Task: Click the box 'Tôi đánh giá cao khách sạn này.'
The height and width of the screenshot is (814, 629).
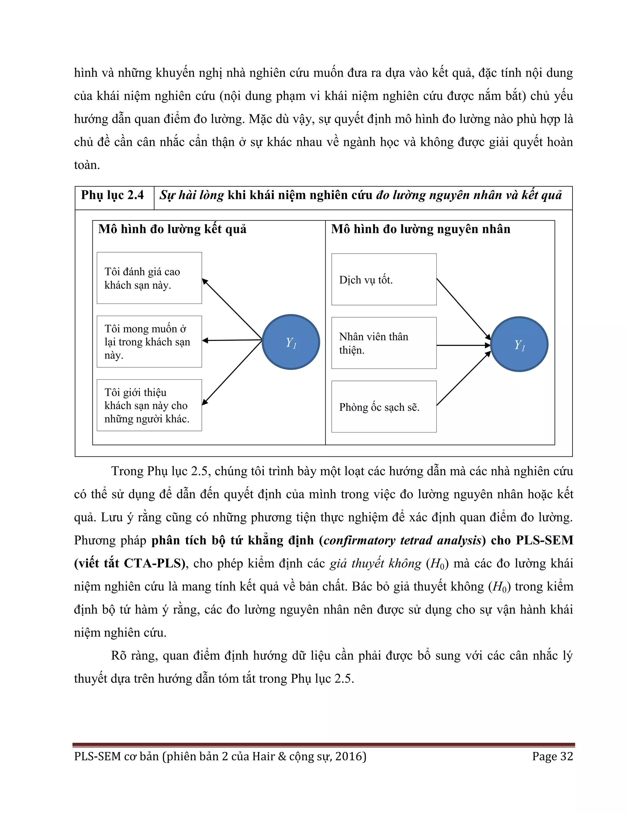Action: tap(149, 278)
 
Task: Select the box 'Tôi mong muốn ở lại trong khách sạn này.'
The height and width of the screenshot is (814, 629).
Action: tap(149, 341)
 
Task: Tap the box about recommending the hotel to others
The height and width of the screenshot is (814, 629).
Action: tap(149, 405)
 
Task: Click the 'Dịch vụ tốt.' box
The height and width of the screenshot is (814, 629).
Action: tap(384, 280)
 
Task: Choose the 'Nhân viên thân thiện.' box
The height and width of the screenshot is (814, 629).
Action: tap(384, 343)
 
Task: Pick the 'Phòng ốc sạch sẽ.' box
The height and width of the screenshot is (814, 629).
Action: tap(384, 407)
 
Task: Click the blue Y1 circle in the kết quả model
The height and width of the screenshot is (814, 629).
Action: tap(291, 342)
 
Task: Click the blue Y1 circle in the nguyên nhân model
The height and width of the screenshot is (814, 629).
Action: tap(519, 344)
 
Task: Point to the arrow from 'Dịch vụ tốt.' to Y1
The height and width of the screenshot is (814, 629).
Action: tap(463, 309)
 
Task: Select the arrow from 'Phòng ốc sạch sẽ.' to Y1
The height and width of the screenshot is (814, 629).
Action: tap(463, 379)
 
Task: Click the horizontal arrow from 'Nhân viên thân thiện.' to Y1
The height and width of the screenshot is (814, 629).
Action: tap(463, 346)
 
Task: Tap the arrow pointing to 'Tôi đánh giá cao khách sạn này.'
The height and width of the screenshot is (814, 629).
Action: tap(232, 309)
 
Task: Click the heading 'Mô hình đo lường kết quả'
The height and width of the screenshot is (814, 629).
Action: tap(172, 229)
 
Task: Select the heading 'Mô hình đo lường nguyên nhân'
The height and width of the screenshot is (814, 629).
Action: tap(420, 229)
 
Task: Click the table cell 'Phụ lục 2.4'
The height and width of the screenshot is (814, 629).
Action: tap(112, 195)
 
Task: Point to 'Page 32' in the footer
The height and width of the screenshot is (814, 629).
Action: tap(552, 756)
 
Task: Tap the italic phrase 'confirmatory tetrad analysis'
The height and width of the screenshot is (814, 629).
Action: tap(402, 540)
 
